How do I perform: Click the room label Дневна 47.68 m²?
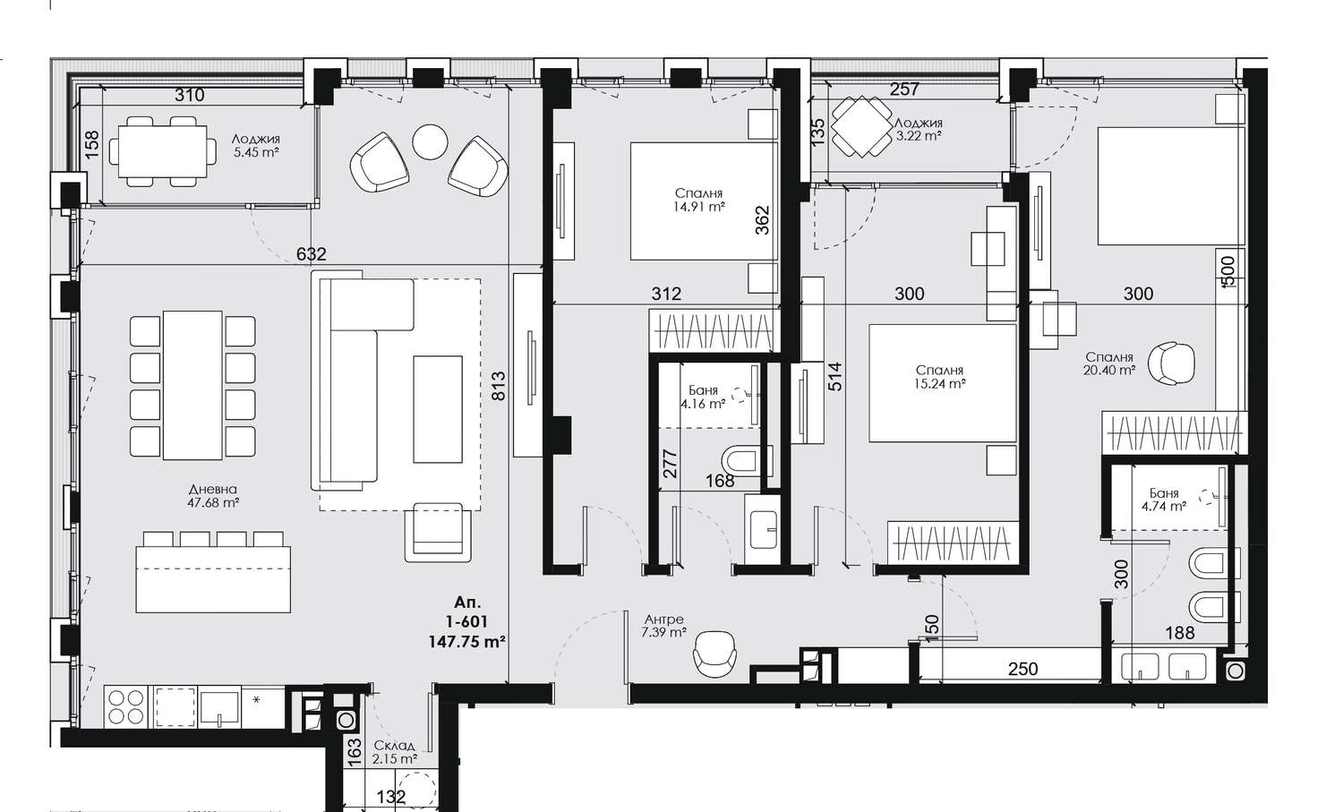[x=213, y=496]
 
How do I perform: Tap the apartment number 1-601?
[x=466, y=622]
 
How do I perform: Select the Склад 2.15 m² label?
[x=395, y=752]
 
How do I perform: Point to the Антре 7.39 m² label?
[x=663, y=626]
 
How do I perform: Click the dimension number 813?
[x=499, y=386]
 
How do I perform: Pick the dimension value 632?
[x=312, y=254]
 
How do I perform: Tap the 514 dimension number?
[x=834, y=377]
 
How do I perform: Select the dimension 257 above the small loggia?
[x=904, y=90]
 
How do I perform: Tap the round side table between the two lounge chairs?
[x=430, y=141]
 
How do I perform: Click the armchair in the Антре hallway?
[x=714, y=654]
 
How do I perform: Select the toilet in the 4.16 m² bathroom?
[x=740, y=461]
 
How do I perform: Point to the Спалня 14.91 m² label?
[x=698, y=201]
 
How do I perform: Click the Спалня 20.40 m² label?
[x=1109, y=364]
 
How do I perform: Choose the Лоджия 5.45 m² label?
[x=256, y=146]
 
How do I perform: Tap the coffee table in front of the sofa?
[x=438, y=409]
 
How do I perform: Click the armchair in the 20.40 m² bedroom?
[x=1171, y=363]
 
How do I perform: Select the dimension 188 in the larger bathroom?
[x=1179, y=633]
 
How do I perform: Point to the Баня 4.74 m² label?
[x=1164, y=500]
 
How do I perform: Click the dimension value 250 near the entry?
[x=1022, y=669]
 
